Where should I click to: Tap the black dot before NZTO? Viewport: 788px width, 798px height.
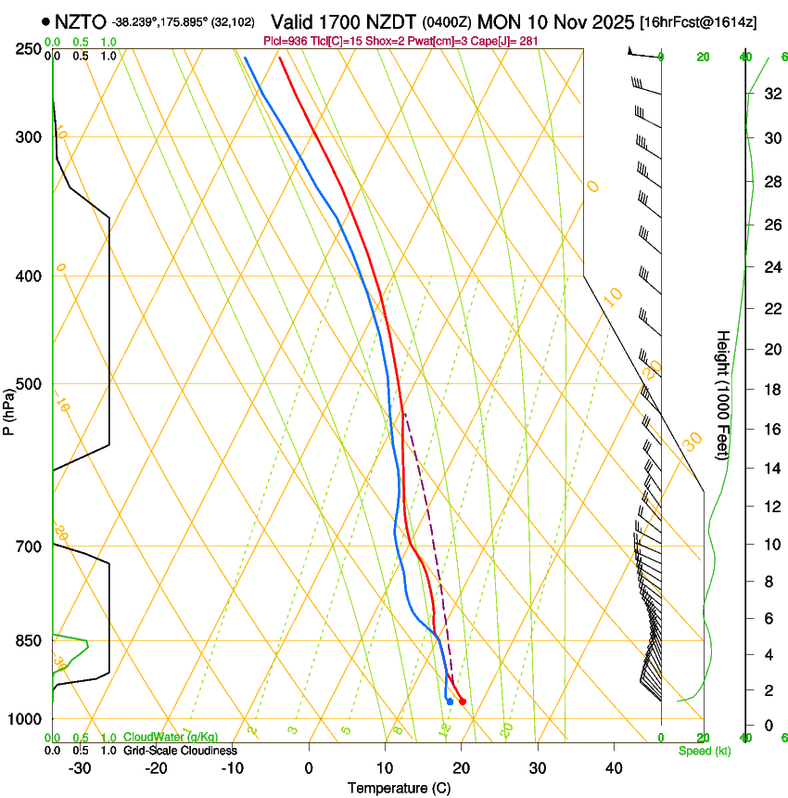pos(45,20)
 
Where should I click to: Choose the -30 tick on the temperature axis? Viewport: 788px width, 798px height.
pos(80,768)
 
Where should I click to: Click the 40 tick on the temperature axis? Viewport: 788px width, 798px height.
pos(613,768)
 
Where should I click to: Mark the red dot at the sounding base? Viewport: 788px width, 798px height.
pos(463,701)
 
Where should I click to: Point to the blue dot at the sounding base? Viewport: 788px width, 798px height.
pos(450,701)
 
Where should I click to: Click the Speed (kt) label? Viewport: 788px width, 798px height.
pos(704,751)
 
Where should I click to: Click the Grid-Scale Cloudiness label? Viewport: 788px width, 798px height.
pos(180,750)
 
